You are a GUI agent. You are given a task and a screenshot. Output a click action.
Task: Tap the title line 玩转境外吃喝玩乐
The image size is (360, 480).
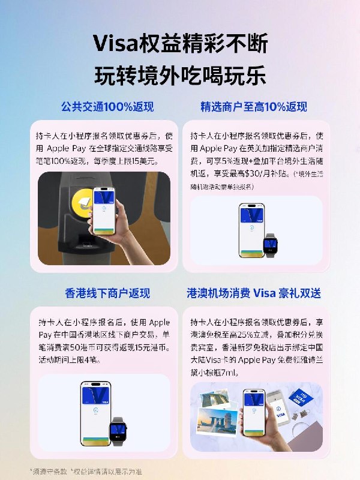pos(180,77)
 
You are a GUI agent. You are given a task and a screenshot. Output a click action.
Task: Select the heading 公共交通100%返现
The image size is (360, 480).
pos(107,107)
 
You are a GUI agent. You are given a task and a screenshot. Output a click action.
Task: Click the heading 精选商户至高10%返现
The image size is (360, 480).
pos(253,107)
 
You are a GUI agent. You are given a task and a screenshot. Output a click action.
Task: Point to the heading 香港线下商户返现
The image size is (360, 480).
pos(107,293)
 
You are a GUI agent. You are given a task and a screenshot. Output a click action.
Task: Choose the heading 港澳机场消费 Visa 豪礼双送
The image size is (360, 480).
pos(253,293)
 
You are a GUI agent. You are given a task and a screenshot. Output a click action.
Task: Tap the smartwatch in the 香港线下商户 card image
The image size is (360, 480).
pos(118,430)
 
